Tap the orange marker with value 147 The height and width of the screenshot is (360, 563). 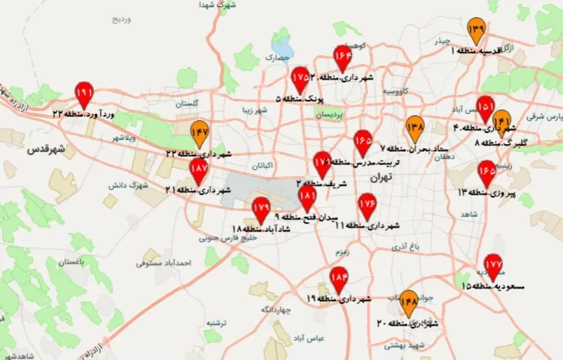point(200,132)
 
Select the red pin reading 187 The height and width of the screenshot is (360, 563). point(199,170)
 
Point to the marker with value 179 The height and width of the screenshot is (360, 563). point(261,208)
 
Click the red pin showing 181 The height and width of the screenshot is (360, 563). point(307,197)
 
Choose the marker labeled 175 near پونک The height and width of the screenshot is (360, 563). point(301,78)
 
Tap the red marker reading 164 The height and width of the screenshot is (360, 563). point(343,56)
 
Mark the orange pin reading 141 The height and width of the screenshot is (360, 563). point(502,120)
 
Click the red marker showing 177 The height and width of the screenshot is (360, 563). point(493,265)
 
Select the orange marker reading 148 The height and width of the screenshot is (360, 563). point(409,302)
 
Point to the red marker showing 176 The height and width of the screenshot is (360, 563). point(368,204)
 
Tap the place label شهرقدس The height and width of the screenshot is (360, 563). point(45,151)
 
